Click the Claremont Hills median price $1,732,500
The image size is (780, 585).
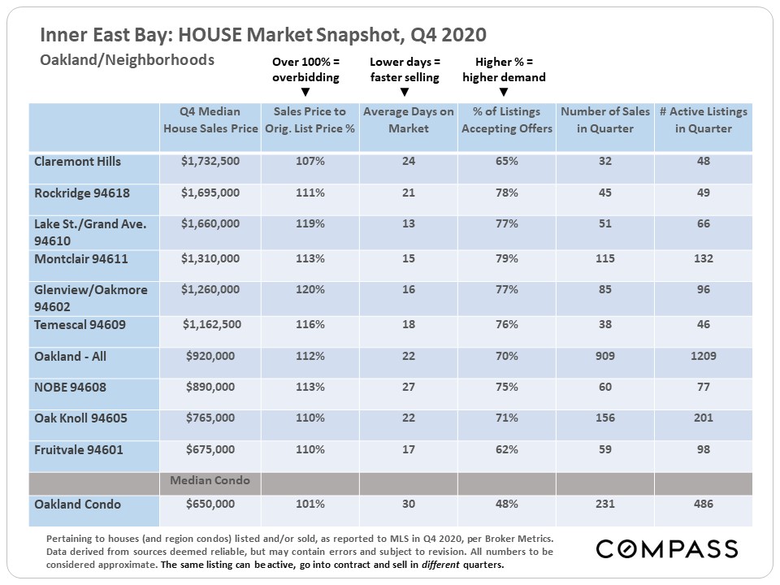[x=210, y=162]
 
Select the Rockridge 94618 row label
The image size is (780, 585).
[x=82, y=193]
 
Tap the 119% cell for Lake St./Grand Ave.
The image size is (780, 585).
[x=310, y=224]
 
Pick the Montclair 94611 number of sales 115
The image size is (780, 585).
[x=604, y=258]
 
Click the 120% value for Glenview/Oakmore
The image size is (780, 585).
[x=310, y=289]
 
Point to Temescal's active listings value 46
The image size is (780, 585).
[x=703, y=324]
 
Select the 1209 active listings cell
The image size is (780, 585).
[x=703, y=357]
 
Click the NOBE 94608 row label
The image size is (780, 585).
[x=70, y=388]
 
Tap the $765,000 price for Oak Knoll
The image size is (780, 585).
[x=210, y=418]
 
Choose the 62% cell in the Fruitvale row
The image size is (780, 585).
[x=506, y=449]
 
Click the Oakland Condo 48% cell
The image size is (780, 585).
[x=506, y=505]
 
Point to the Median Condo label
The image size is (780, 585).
[x=210, y=481]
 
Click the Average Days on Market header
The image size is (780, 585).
[x=408, y=120]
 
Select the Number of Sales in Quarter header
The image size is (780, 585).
[x=604, y=120]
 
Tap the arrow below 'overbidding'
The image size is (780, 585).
[x=305, y=93]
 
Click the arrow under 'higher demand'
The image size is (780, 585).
[x=504, y=93]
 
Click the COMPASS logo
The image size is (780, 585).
[x=667, y=548]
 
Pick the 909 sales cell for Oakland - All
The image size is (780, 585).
[x=604, y=357]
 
